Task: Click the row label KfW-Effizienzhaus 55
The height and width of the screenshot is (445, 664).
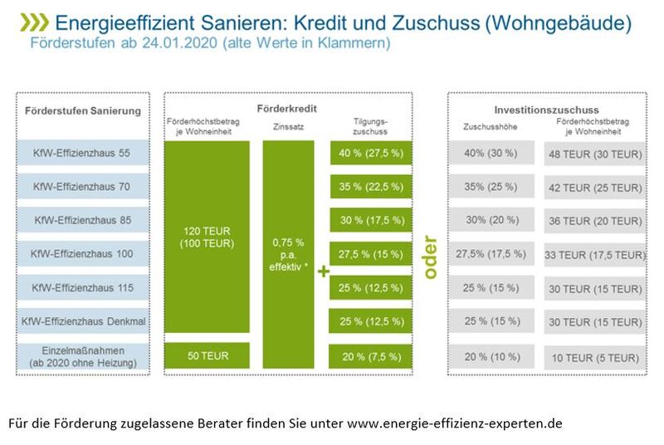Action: [83, 154]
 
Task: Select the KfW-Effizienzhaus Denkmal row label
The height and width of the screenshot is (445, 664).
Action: [83, 320]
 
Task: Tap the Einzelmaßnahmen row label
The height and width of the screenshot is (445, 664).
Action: [83, 357]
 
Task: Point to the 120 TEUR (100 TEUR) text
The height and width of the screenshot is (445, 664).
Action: [207, 237]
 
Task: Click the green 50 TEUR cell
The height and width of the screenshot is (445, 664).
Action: [207, 355]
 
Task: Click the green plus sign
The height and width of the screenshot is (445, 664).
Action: [323, 271]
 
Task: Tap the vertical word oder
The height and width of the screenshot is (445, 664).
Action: [429, 255]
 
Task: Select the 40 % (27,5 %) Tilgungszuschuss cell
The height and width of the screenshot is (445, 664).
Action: [370, 154]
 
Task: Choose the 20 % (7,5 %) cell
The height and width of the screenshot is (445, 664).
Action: [370, 357]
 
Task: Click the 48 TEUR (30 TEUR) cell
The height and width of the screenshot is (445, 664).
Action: [593, 154]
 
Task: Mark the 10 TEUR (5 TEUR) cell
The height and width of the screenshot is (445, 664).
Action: [593, 358]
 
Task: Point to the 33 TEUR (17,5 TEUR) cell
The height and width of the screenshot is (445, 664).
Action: [593, 255]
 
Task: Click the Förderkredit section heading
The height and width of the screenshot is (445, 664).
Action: [287, 109]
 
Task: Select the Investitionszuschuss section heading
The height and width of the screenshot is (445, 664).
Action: [546, 110]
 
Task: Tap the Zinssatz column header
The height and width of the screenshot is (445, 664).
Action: [287, 126]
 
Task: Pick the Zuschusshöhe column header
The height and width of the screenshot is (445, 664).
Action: [491, 126]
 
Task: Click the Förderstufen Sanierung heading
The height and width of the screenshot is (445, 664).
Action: [83, 111]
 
